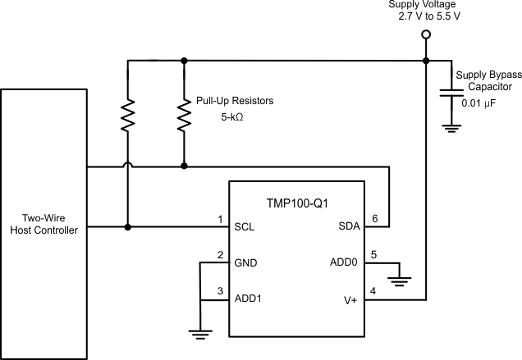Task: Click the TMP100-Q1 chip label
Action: point(297,203)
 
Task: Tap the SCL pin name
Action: point(245,227)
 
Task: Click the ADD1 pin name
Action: point(249,299)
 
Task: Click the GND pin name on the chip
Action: point(245,263)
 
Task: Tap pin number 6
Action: point(374,218)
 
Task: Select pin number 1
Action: point(220,218)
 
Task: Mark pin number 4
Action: point(374,290)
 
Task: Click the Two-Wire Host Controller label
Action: point(45,225)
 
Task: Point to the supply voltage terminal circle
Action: point(425,34)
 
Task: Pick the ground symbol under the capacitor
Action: point(447,126)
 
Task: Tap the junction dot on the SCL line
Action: point(128,227)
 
